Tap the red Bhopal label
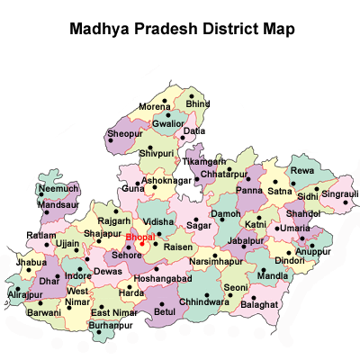[139, 237]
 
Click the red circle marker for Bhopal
[142, 244]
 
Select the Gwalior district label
[168, 122]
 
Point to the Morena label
[154, 107]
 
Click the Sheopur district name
[124, 133]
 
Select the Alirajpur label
[24, 294]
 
